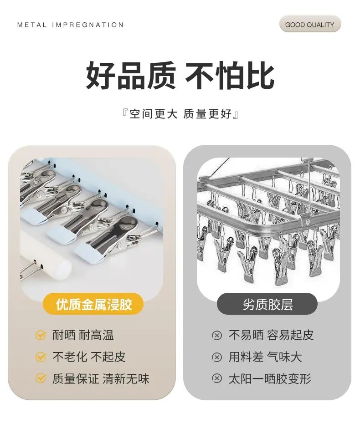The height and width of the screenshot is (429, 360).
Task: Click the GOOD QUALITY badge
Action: pos(310,25)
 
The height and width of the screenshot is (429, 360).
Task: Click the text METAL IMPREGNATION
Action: pos(70,25)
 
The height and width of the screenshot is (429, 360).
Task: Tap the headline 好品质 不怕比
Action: pos(180,75)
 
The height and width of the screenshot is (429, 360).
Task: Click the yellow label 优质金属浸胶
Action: pos(93,304)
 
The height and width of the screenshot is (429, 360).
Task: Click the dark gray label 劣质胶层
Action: pos(267,304)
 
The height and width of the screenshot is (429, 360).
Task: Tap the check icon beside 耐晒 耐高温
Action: pos(41,335)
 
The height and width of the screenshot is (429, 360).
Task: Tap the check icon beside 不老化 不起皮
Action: pos(41,357)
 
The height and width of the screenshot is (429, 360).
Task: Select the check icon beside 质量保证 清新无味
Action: pos(41,378)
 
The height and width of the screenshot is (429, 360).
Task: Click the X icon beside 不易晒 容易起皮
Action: pos(217,336)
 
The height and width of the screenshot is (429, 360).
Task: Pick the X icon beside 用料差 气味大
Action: pos(217,357)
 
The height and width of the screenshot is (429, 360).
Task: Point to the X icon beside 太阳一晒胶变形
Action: pos(217,378)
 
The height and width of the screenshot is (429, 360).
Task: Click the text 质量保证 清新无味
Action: pos(101,379)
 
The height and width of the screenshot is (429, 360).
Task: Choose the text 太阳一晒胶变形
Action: pos(270,379)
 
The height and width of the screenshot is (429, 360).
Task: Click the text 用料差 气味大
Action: pos(265,357)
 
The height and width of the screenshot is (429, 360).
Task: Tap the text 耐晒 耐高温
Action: pos(83,335)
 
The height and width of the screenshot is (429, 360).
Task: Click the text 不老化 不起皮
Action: pos(89,357)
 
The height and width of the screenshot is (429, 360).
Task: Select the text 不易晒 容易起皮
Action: pos(271,335)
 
